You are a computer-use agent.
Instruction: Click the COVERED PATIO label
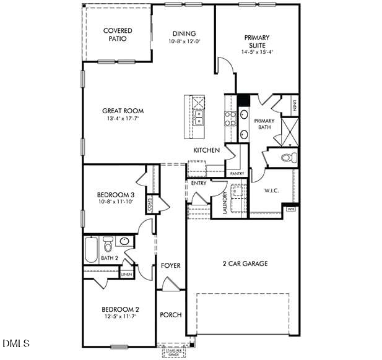[x=118, y=35]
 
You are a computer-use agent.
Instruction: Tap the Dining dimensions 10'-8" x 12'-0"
[x=184, y=41]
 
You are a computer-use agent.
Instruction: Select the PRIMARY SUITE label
[x=257, y=41]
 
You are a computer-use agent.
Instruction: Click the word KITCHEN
[x=206, y=150]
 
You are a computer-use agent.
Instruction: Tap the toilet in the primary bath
[x=288, y=158]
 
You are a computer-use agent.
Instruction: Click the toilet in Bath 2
[x=108, y=243]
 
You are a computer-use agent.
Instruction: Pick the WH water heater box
[x=291, y=210]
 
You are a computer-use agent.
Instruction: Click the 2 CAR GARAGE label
[x=245, y=264]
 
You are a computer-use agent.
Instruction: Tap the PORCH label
[x=170, y=315]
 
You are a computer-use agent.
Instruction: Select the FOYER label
[x=170, y=265]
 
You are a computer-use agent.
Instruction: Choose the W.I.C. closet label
[x=272, y=191]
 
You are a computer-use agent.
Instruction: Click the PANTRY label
[x=237, y=174]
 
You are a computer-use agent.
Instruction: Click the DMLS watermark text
[x=19, y=343]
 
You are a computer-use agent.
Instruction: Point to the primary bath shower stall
[x=290, y=131]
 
